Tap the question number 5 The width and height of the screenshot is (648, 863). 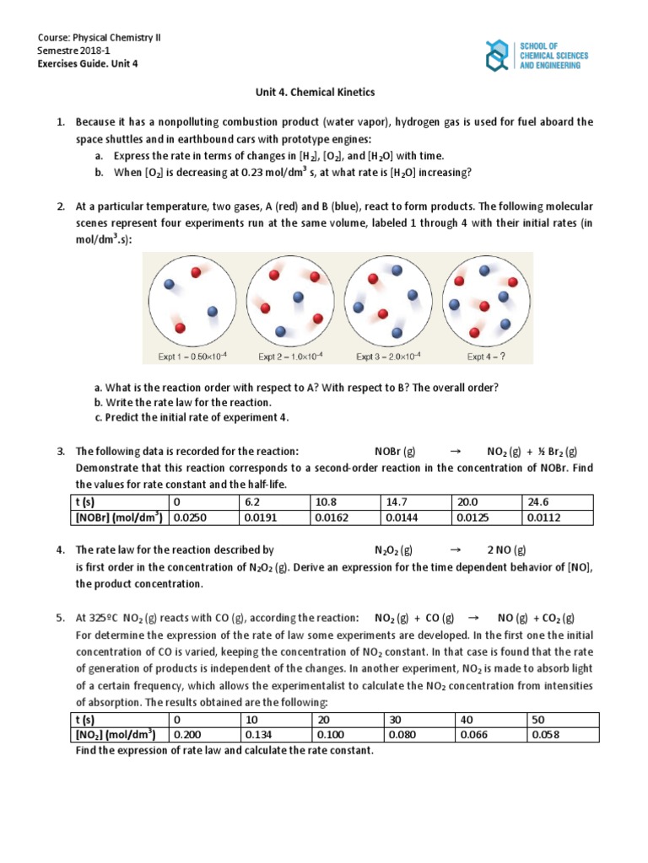[61, 618]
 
